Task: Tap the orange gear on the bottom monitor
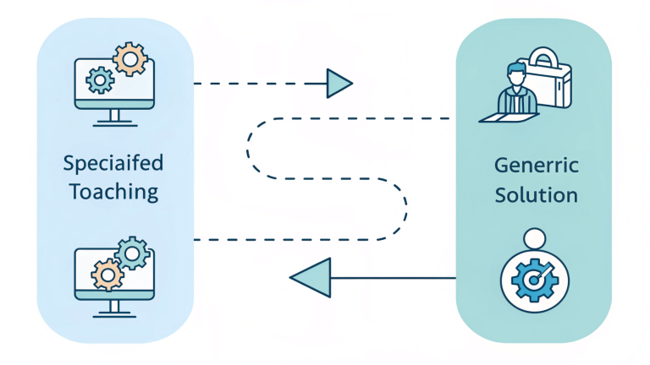click(105, 274)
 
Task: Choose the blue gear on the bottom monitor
click(131, 253)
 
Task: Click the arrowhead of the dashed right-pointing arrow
click(339, 83)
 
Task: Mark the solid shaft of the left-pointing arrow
click(389, 277)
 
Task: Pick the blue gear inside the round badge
click(533, 278)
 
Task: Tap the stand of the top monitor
click(113, 117)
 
